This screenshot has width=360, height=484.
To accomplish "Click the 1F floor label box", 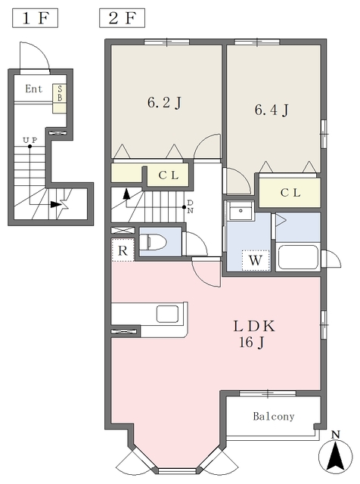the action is click(36, 18).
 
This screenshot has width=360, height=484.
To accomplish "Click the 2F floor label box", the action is click(122, 18).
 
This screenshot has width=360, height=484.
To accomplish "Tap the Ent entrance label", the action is click(33, 89).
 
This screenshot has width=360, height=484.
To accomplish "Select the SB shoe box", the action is click(59, 94).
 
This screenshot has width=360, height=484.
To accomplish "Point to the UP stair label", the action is click(30, 140).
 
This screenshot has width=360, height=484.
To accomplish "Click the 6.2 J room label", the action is click(164, 103).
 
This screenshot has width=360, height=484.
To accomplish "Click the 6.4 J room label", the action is click(272, 110).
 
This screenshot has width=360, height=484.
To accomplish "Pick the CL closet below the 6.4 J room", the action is click(290, 193).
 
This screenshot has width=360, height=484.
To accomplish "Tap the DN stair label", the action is click(190, 206).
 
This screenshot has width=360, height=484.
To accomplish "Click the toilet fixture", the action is click(153, 242).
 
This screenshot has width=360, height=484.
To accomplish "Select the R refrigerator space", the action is click(123, 250).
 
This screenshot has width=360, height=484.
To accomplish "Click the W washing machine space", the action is click(256, 260).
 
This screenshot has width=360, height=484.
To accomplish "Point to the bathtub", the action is click(298, 257).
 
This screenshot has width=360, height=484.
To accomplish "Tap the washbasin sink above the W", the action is click(241, 211).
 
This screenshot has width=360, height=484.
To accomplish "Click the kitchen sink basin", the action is click(168, 314).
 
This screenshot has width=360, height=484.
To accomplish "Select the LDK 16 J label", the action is click(253, 334).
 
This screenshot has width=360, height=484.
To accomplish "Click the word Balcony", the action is click(274, 417).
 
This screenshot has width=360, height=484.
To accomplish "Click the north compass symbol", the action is click(335, 454).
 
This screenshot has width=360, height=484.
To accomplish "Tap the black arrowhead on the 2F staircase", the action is click(126, 194).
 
